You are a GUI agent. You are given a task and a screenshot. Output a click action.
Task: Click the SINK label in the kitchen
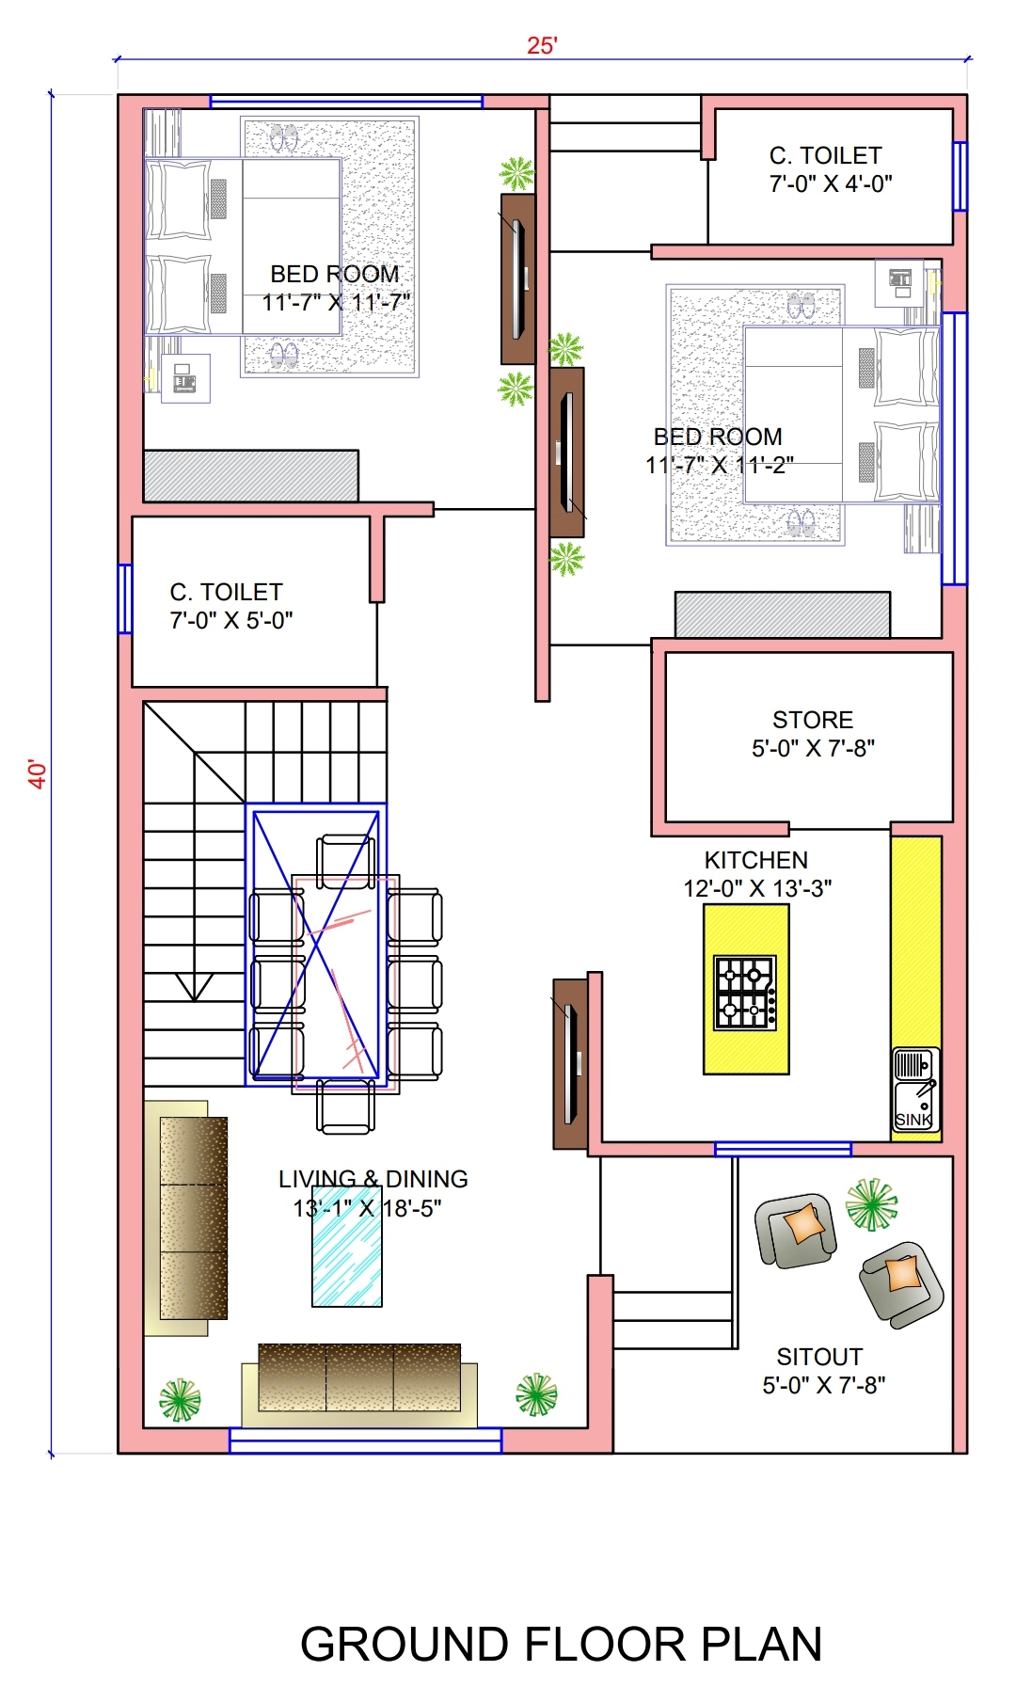coord(913,1120)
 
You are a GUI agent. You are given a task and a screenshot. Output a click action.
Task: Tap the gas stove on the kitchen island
coord(745,993)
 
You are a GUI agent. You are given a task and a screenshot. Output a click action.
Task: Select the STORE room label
coord(813,720)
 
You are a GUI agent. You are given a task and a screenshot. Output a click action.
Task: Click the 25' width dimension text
coord(542,45)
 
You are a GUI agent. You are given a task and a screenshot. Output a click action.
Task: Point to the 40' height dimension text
coord(37,773)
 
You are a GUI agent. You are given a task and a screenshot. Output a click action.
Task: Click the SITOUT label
coord(819,1357)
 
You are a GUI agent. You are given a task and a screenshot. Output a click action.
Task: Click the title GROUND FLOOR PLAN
coord(561,1645)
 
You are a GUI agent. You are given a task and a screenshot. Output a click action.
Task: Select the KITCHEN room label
coord(756,860)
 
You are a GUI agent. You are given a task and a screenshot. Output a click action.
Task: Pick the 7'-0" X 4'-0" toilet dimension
coord(831,183)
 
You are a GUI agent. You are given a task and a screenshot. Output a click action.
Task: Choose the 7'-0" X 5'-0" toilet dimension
coord(231,620)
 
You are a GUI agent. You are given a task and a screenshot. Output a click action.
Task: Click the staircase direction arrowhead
coord(195,987)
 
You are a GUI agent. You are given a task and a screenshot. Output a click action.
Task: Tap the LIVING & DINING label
coord(373,1179)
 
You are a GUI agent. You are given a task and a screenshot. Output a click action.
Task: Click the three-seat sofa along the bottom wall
coord(359,1383)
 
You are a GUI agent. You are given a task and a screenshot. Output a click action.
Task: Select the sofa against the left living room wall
coord(186,1218)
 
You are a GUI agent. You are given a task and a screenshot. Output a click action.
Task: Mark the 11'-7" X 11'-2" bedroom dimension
coord(720,465)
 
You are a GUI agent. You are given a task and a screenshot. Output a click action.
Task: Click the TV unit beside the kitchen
coord(570,1063)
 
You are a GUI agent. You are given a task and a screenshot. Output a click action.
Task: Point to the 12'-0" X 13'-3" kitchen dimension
coord(757,888)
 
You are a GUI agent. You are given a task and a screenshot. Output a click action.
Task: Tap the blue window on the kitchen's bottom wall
coord(783,1149)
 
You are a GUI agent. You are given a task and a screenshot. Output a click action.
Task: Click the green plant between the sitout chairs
coord(871,1204)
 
